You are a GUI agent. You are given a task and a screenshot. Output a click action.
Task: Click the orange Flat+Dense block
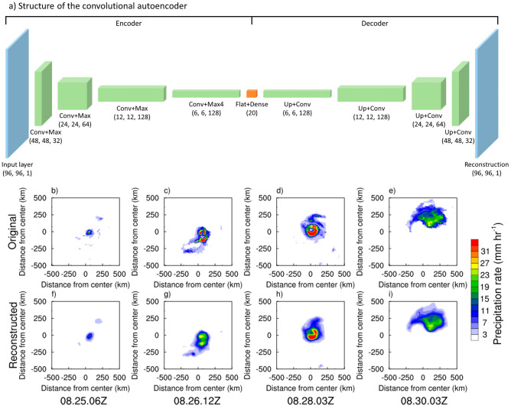click(252, 93)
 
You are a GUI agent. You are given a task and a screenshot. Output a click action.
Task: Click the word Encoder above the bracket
click(127, 24)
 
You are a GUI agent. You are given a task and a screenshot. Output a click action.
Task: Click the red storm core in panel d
click(311, 229)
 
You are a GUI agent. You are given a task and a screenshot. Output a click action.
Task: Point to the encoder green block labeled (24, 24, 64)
click(74, 93)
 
